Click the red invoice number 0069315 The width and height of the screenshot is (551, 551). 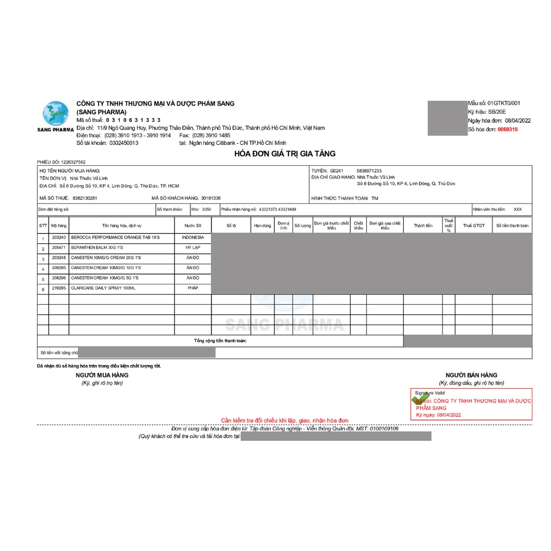507,129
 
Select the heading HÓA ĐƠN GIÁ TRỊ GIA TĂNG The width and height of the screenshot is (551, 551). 285,154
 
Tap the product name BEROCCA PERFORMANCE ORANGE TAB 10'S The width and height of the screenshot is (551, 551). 115,237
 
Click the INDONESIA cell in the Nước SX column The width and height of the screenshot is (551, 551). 193,237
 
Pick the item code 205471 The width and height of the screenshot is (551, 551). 59,248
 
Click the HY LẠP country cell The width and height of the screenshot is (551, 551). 193,248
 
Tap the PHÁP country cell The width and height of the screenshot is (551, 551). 193,288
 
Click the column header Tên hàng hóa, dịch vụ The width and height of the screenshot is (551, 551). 122,226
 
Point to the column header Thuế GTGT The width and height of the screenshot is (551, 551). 474,226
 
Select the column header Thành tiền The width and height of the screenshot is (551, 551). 423,226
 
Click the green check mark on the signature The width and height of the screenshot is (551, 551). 419,400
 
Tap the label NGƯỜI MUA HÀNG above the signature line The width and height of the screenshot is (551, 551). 102,375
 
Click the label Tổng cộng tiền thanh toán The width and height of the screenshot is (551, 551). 220,341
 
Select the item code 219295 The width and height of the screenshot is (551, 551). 59,288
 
